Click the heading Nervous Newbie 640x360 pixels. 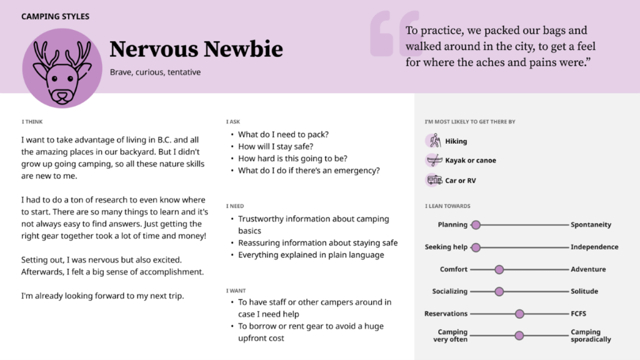196,49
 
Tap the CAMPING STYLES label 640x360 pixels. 55,16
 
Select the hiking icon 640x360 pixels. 434,141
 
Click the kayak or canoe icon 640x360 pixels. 434,161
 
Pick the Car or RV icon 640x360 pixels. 434,181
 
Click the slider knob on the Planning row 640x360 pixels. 476,225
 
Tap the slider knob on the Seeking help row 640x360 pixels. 476,247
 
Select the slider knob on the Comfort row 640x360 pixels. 499,269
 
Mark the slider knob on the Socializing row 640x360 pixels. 499,291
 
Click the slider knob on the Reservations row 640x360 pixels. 519,314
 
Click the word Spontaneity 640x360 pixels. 591,225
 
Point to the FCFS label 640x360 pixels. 578,314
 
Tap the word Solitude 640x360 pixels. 584,291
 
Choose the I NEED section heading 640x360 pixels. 235,206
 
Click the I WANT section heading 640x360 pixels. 236,291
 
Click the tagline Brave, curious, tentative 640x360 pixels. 155,72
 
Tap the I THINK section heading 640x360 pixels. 32,122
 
